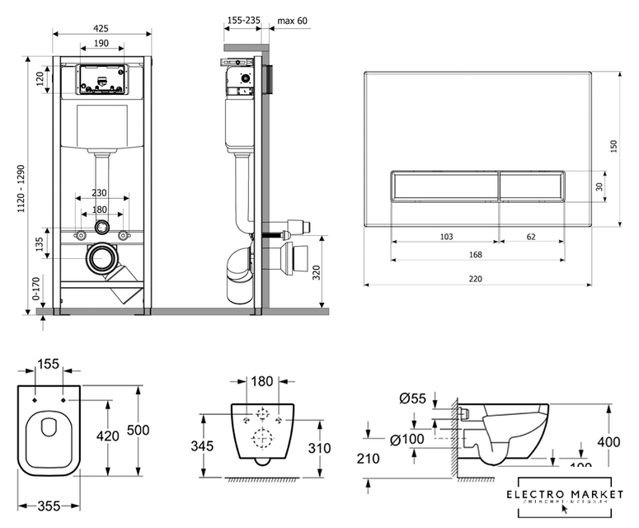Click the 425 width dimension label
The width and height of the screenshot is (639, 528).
click(x=101, y=28)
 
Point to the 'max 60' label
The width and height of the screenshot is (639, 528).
click(x=292, y=19)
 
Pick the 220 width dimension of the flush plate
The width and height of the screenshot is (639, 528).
click(x=476, y=279)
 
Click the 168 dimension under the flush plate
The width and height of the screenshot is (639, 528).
click(x=476, y=254)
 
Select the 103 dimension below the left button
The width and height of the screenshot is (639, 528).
click(x=445, y=237)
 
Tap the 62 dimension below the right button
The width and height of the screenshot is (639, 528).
click(x=530, y=237)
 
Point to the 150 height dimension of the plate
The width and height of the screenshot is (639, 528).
click(x=613, y=146)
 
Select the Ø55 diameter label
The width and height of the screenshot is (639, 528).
click(x=412, y=398)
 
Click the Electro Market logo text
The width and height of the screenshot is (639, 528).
click(x=564, y=494)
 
